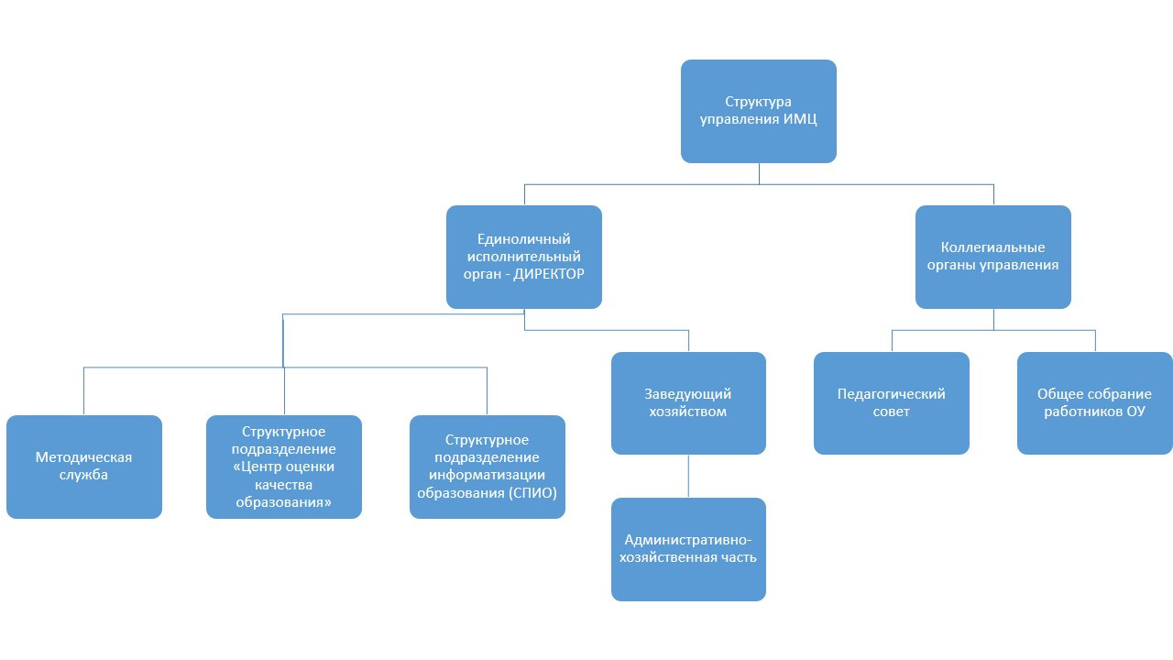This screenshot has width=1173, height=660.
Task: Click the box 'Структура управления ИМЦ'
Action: (x=758, y=111)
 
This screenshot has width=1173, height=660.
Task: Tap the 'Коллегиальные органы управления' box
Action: (x=992, y=256)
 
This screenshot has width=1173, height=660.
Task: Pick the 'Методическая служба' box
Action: (x=83, y=467)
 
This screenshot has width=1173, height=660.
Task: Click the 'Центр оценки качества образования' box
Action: (x=283, y=467)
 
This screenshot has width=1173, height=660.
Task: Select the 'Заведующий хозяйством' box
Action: (x=687, y=402)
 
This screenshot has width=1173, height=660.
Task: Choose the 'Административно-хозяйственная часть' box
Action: (x=687, y=548)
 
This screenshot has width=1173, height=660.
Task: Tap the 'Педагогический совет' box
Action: (x=891, y=402)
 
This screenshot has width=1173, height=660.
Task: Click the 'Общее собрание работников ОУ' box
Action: (x=1094, y=402)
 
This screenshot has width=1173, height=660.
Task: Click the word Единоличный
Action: (x=524, y=239)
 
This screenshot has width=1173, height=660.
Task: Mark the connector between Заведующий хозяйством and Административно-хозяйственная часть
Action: (x=688, y=476)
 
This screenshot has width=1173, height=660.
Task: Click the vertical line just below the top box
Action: (x=759, y=173)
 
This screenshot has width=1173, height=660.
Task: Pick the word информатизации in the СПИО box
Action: (x=487, y=475)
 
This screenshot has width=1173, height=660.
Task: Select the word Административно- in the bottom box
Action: (x=687, y=539)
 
